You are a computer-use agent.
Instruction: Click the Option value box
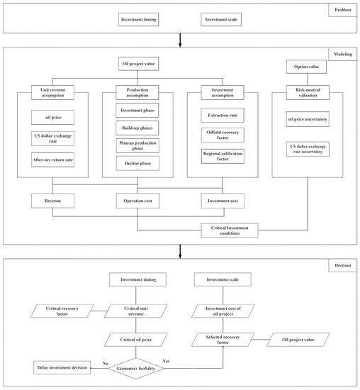[x=308, y=67]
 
